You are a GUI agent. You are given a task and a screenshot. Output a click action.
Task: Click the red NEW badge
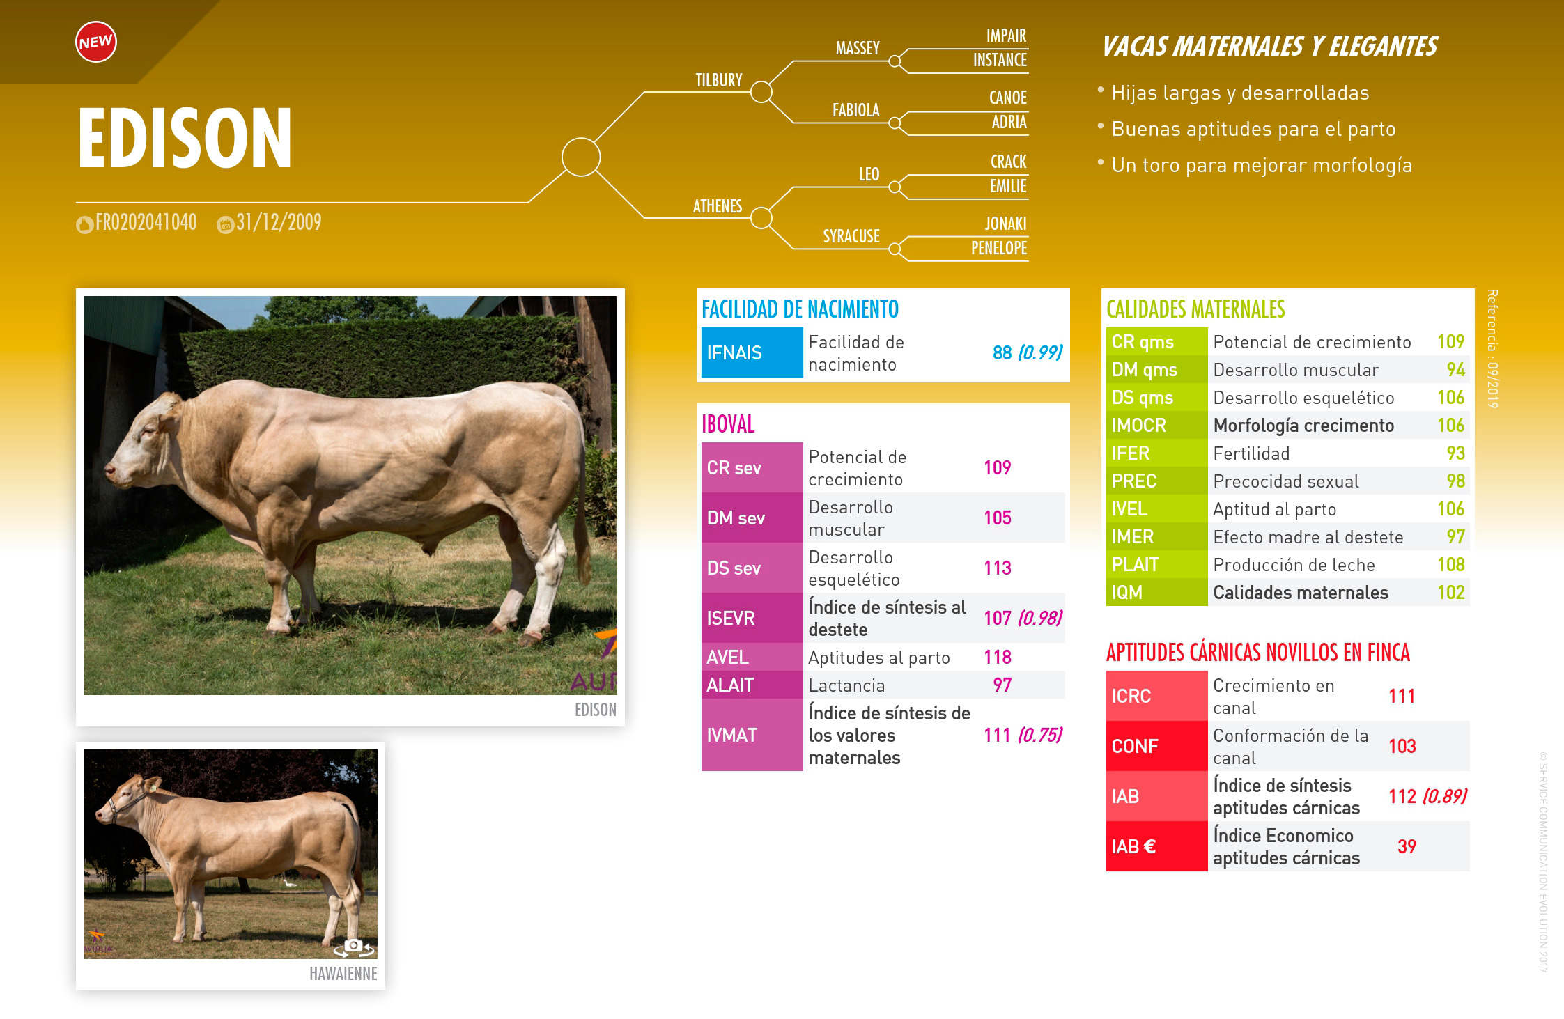point(96,42)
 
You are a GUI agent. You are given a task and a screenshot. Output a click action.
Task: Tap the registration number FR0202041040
point(146,222)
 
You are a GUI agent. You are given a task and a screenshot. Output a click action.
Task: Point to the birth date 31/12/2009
point(279,222)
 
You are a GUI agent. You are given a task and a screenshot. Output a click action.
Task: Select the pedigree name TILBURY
point(719,80)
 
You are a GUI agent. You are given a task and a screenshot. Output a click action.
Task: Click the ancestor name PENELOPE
point(999,248)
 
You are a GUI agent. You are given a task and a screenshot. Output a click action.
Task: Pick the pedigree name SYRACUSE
point(851,236)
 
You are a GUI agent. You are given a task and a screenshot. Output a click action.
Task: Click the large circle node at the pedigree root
point(581,157)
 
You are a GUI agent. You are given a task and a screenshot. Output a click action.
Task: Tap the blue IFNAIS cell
point(752,352)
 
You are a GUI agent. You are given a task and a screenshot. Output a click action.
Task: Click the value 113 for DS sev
point(998,568)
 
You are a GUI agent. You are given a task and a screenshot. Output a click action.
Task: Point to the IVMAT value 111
point(997,735)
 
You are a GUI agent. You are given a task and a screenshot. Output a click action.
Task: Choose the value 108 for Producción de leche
point(1451,565)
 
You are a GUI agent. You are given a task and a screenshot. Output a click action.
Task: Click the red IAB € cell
point(1156,846)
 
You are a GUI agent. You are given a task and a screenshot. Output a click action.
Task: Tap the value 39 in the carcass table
point(1407,846)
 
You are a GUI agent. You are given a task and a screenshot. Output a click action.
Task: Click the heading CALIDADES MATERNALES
point(1195,309)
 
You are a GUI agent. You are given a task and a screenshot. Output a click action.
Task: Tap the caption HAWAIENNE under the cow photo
point(343,974)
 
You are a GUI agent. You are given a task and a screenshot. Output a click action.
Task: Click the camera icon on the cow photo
point(354,946)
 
